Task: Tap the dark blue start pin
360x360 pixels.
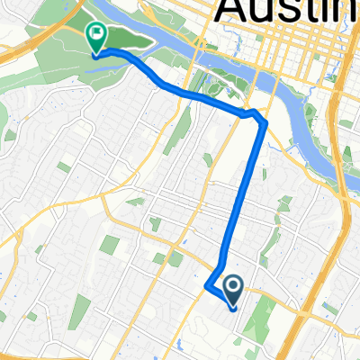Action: point(232,290)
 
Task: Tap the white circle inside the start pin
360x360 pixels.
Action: point(232,286)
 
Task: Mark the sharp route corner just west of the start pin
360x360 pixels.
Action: point(208,287)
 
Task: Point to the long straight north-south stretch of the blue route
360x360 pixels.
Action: point(243,198)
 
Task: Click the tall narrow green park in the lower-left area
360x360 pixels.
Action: point(81,310)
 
